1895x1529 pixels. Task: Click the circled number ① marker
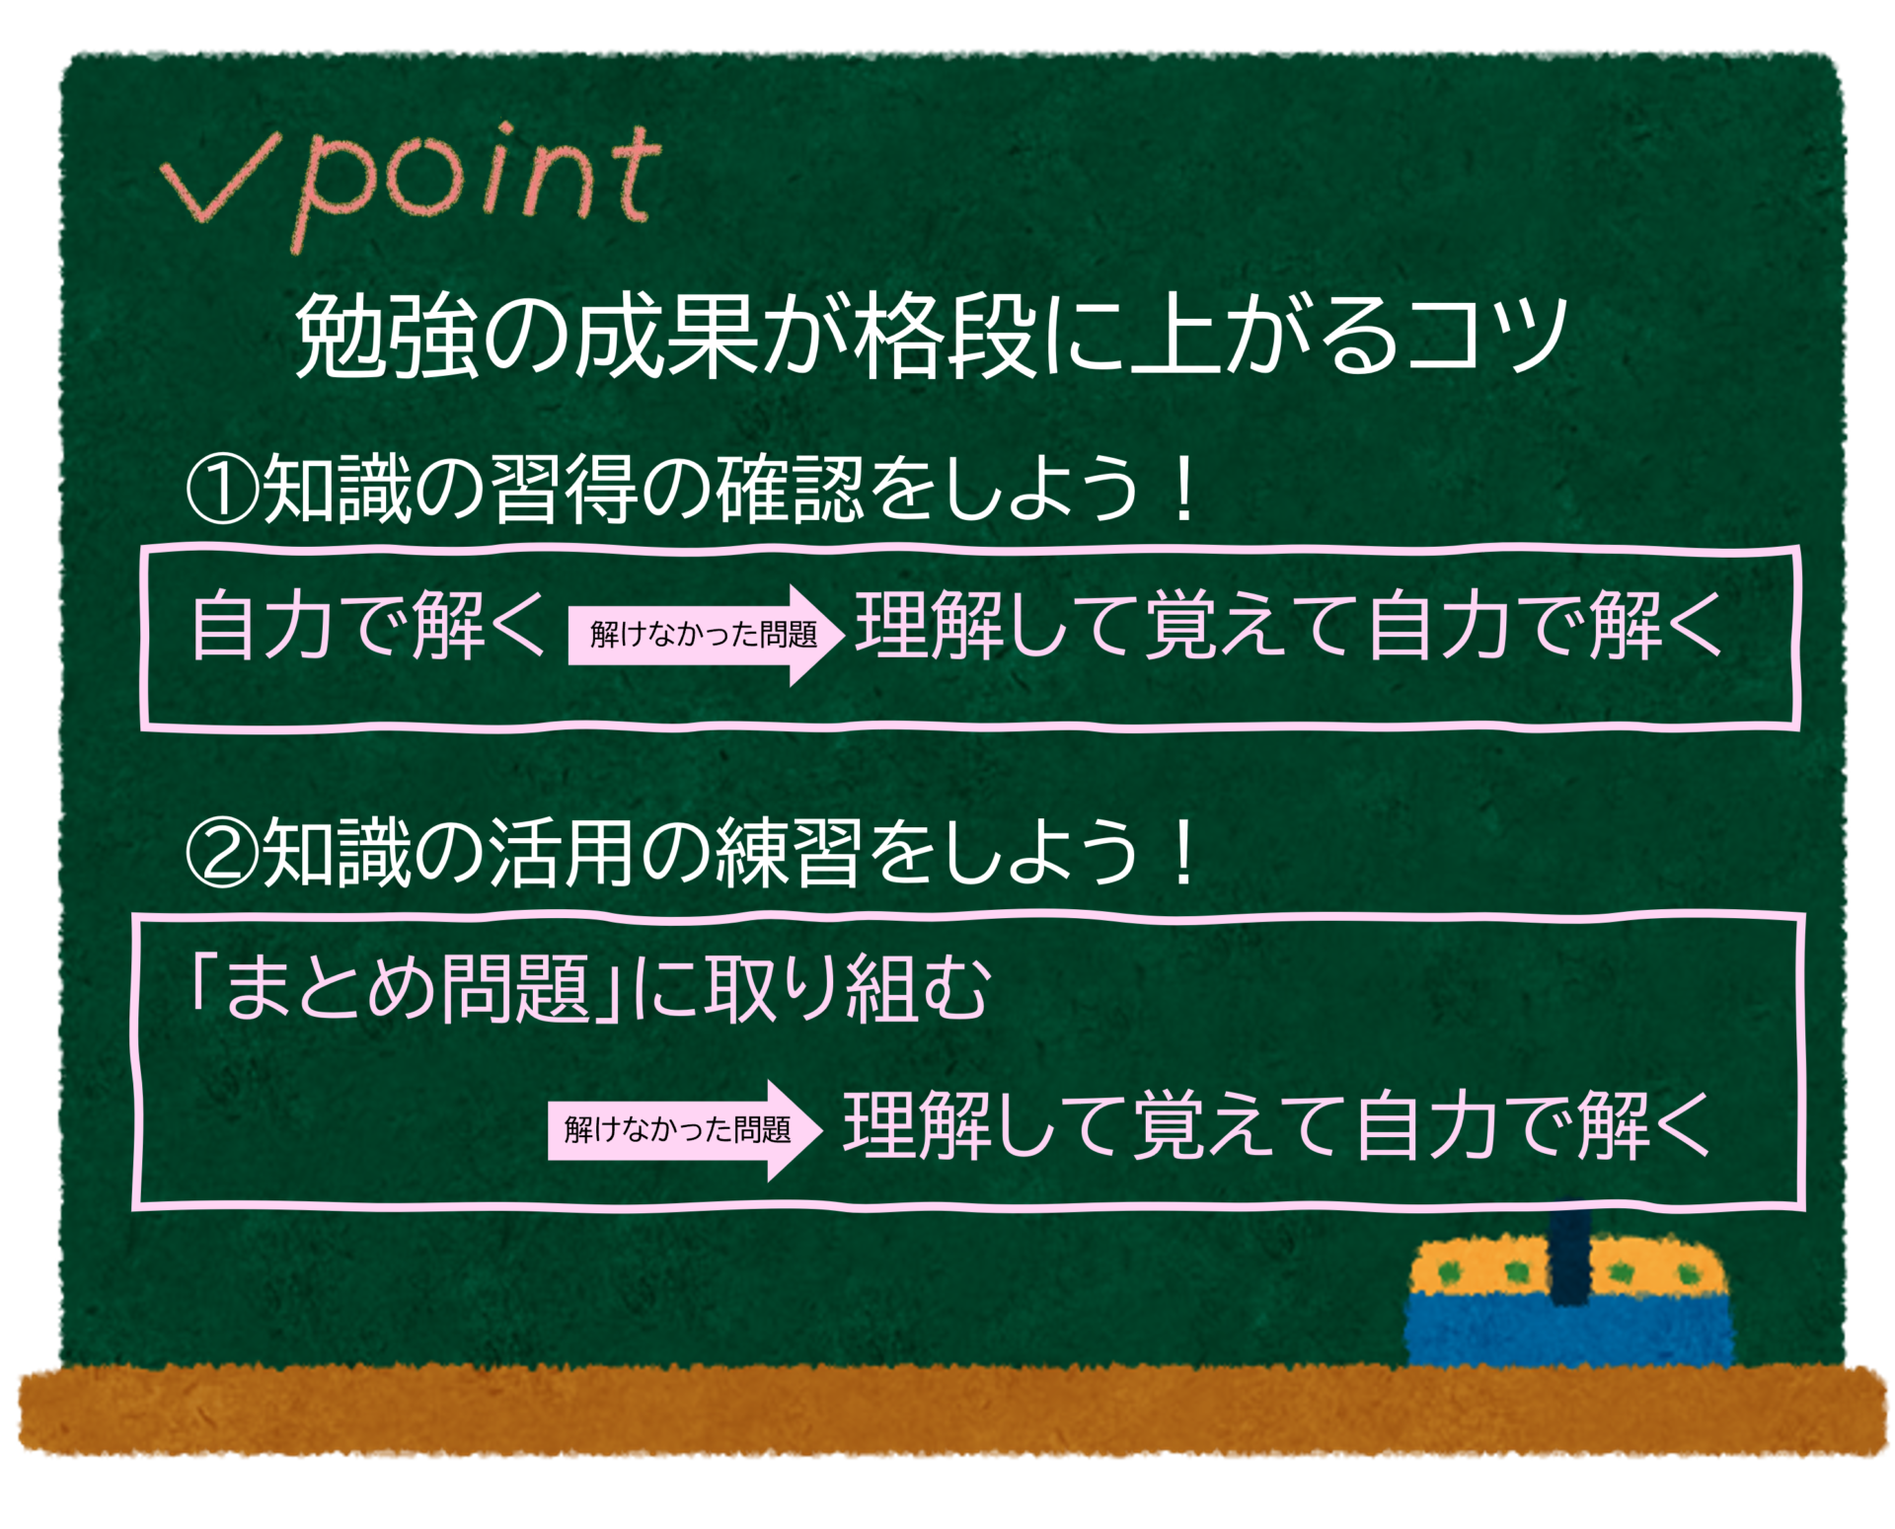coord(222,489)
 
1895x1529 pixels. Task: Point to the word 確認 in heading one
coord(790,489)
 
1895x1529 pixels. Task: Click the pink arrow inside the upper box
coord(707,635)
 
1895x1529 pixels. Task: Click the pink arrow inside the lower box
coord(685,1130)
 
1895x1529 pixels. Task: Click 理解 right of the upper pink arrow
coord(929,625)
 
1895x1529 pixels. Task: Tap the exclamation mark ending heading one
coord(1180,489)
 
